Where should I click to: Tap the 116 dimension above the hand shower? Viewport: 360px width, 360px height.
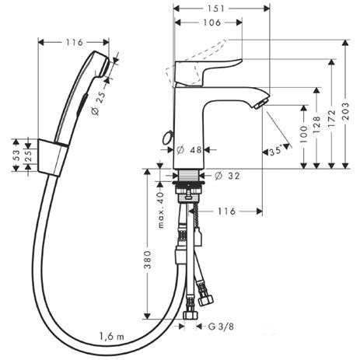[74, 40]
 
